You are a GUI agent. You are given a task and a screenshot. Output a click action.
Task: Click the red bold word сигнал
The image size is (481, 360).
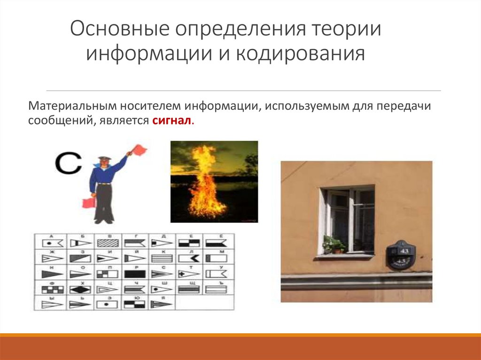tap(172, 121)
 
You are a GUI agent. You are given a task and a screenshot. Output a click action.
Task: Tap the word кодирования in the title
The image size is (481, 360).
tap(300, 54)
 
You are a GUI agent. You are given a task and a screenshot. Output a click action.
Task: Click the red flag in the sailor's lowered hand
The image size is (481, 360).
tap(89, 202)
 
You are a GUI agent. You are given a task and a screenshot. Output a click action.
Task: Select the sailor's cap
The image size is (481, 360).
tap(104, 158)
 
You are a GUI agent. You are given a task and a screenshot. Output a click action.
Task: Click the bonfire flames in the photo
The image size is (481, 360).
tap(203, 185)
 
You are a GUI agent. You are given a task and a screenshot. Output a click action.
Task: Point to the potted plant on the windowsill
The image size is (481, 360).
tap(333, 245)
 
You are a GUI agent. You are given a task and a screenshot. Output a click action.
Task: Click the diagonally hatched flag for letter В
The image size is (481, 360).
tap(107, 243)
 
